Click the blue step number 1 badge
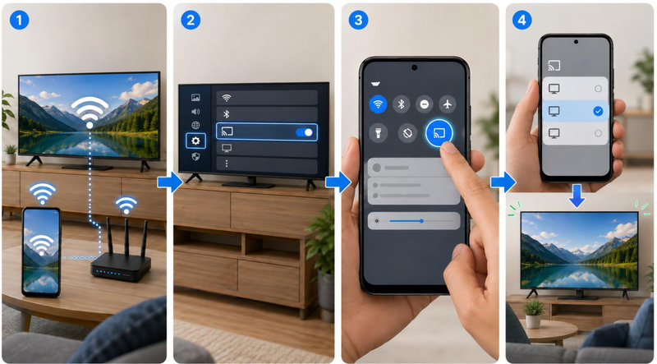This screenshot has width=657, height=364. (x=19, y=20)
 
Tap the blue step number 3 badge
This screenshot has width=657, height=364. (x=358, y=20)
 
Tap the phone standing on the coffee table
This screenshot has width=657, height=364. (x=41, y=251)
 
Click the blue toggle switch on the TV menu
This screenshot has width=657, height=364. (x=304, y=132)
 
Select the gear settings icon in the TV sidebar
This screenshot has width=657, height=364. (x=195, y=141)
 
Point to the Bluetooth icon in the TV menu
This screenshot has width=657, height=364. (x=227, y=114)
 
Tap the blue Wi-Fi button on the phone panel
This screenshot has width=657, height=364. (x=378, y=104)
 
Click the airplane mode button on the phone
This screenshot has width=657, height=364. (x=448, y=104)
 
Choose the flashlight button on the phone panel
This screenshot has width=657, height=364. (x=378, y=134)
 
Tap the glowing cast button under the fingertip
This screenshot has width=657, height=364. (x=439, y=133)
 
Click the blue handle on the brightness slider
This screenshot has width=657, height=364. (x=421, y=220)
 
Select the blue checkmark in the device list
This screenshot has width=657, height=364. (x=598, y=111)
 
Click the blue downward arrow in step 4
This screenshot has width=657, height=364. (x=577, y=196)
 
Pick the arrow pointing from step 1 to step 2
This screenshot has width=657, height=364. (x=170, y=182)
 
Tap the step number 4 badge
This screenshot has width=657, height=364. (x=522, y=20)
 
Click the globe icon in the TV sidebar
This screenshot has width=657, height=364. (x=195, y=126)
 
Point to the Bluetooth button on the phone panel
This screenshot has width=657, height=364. (x=401, y=104)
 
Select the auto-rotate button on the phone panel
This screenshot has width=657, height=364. (x=407, y=134)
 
